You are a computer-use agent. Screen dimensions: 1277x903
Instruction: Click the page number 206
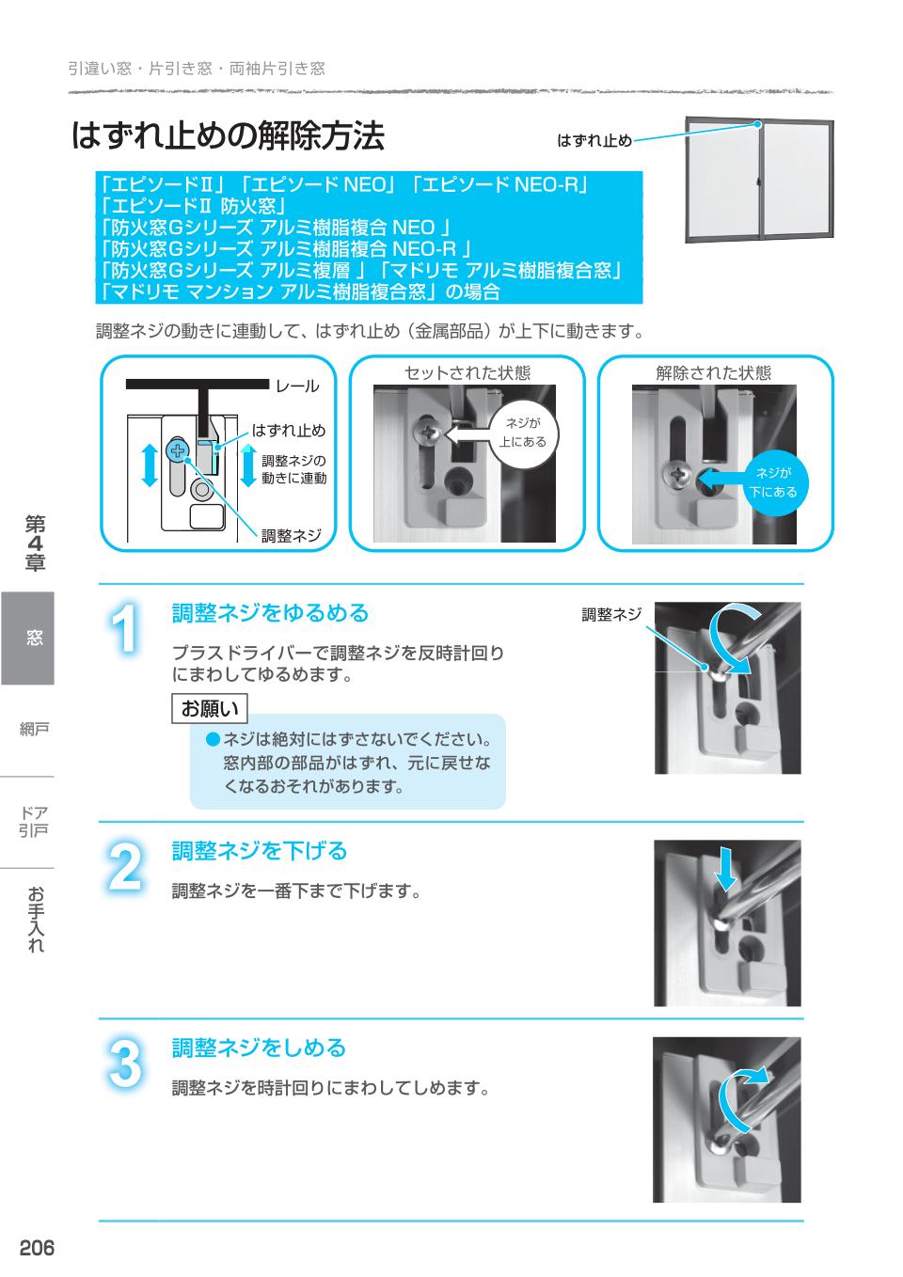[x=37, y=1248]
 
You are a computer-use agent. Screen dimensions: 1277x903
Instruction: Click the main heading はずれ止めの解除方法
[x=228, y=136]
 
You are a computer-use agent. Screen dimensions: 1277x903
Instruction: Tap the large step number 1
[x=125, y=627]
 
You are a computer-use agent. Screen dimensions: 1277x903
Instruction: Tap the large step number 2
[x=125, y=866]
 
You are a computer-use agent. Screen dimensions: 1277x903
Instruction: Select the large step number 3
[x=125, y=1064]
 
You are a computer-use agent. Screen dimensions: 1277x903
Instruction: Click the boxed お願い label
[x=210, y=707]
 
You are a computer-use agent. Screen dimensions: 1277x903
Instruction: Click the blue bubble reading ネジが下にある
[x=772, y=482]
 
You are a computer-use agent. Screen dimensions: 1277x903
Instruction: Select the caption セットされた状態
[x=467, y=372]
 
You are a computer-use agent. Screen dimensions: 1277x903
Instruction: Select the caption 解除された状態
[x=713, y=372]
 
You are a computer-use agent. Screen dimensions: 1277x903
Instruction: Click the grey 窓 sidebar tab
[x=28, y=638]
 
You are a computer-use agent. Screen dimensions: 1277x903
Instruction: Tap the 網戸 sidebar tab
[x=34, y=729]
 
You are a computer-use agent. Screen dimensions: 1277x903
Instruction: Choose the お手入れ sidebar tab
[x=35, y=919]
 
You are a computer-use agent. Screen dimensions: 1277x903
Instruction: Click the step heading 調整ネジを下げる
[x=259, y=851]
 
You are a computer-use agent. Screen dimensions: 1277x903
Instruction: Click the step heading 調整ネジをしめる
[x=259, y=1048]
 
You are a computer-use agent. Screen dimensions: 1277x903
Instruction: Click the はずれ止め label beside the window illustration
[x=594, y=140]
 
